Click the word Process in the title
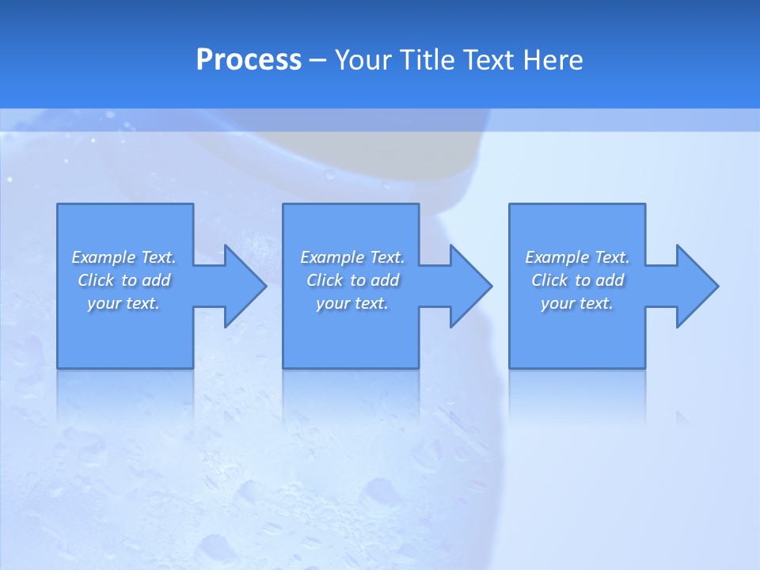tap(249, 60)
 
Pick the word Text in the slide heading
tap(490, 60)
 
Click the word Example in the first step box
tap(103, 257)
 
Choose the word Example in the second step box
tap(332, 257)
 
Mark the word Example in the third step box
tap(557, 257)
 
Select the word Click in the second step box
tap(325, 280)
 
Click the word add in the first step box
tap(157, 280)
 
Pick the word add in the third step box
tap(610, 280)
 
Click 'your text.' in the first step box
tap(123, 303)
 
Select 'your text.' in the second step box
tap(352, 303)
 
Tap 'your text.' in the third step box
tap(577, 303)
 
